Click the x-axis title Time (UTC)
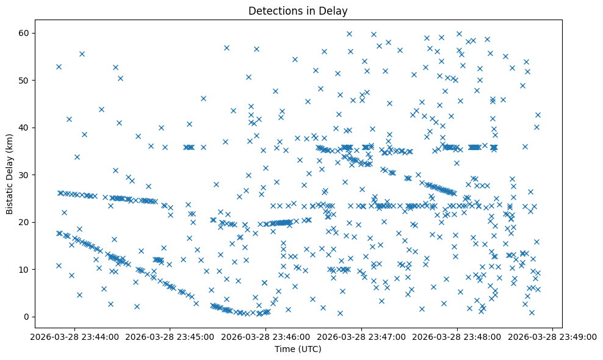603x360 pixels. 298,350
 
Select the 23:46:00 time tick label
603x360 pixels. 266,336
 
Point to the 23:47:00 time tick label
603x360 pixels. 361,336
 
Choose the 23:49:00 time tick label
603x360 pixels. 552,336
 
